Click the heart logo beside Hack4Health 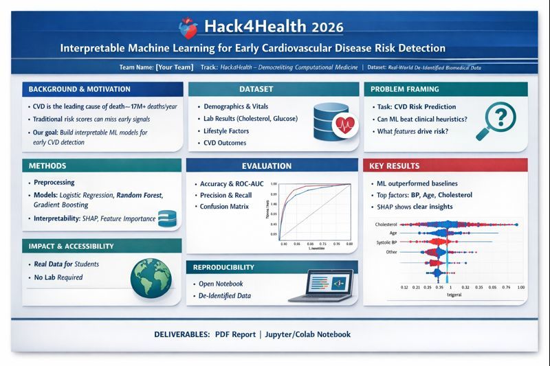click(x=190, y=27)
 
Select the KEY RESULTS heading click(x=395, y=165)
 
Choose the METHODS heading click(x=47, y=166)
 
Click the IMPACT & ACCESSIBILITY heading click(x=71, y=246)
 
